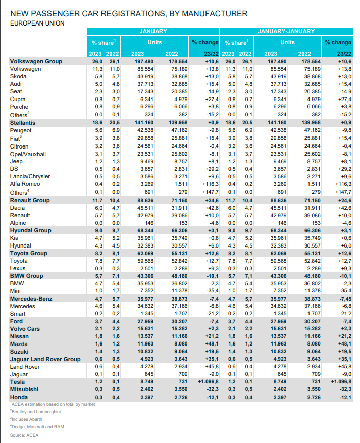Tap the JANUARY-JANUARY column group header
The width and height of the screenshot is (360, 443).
[286, 31]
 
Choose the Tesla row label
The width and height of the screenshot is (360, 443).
[19, 382]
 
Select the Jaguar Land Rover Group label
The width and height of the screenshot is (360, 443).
[45, 359]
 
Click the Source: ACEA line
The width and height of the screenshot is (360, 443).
[25, 434]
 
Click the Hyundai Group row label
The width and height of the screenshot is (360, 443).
[31, 230]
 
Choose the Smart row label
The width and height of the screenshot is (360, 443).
[18, 314]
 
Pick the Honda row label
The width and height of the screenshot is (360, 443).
[20, 397]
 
